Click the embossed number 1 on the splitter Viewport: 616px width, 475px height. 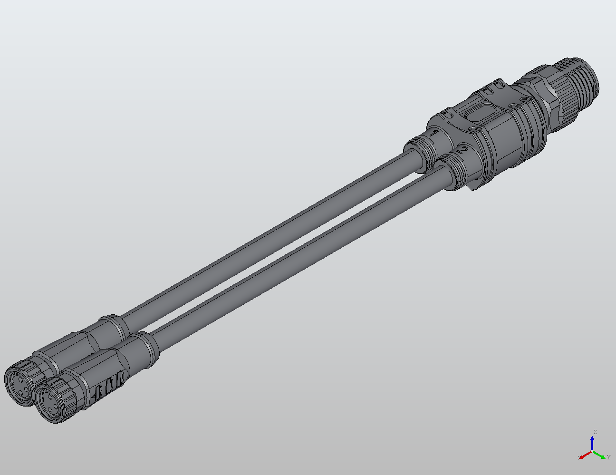point(433,134)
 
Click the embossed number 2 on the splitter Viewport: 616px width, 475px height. point(462,152)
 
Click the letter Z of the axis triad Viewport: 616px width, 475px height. point(595,432)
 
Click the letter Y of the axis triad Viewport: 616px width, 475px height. point(608,457)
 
